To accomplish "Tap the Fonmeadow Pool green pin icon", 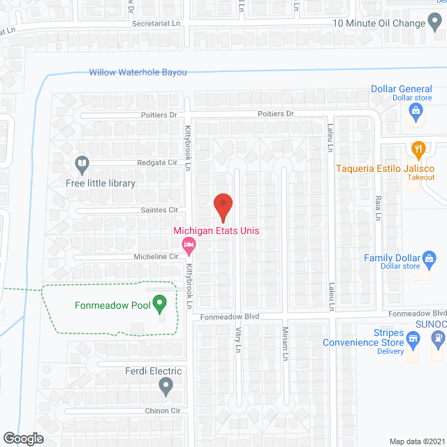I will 160,305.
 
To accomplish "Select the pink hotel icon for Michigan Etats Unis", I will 188,244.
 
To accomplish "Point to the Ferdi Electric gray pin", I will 166,385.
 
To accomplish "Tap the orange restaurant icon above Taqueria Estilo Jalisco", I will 418,149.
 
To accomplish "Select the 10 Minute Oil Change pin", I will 435,23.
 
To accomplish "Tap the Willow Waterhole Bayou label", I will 138,72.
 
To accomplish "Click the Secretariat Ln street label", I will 161,24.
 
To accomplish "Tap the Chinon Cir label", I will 162,411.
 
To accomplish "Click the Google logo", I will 22,438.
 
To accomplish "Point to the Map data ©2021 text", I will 416,441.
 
